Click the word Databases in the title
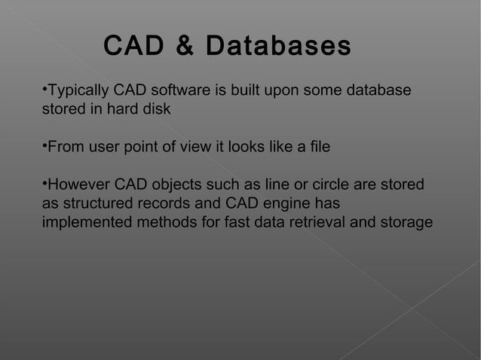point(278,46)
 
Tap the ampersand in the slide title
point(183,46)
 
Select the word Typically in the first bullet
point(78,91)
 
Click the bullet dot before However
point(44,183)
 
